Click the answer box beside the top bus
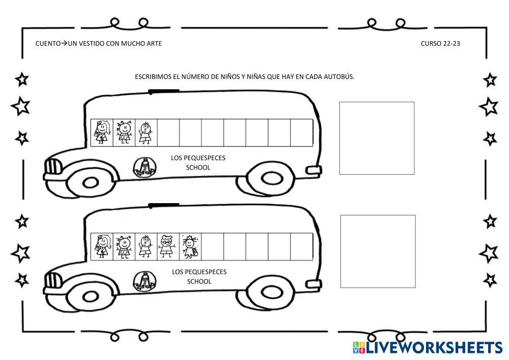(377, 138)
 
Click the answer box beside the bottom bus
(378, 251)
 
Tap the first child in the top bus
(102, 132)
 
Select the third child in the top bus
(146, 132)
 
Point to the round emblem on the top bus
(144, 167)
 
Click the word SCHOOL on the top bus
(198, 168)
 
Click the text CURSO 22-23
(440, 44)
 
